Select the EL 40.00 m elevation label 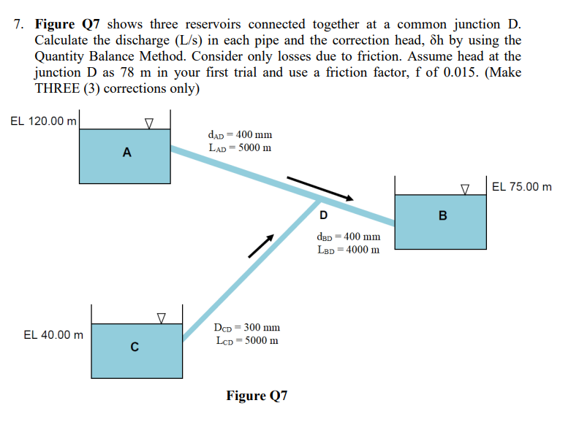click(53, 334)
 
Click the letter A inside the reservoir click(126, 153)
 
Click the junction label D click(322, 215)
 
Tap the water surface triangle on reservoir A click(148, 124)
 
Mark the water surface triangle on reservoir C click(162, 318)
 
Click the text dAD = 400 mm click(240, 134)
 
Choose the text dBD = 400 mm click(348, 237)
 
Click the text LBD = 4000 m click(348, 250)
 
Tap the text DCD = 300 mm click(246, 328)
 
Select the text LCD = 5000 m click(246, 340)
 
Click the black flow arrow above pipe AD click(319, 188)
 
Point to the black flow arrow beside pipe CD click(261, 246)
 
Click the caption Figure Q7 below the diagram click(257, 396)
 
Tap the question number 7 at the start click(18, 24)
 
